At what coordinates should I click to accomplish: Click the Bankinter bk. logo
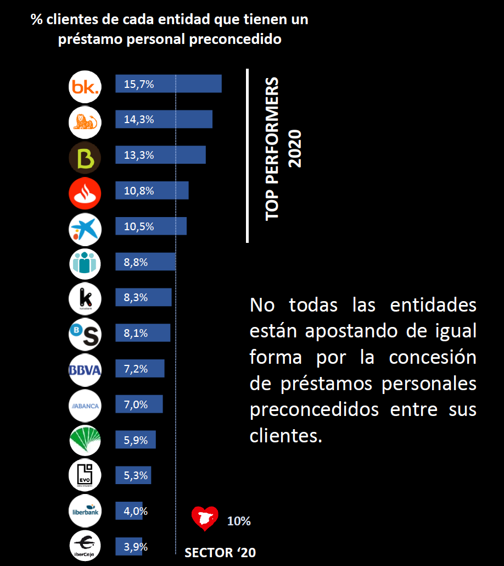coord(85,87)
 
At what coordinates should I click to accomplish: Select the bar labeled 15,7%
coord(168,84)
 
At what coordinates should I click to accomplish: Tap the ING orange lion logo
coord(85,123)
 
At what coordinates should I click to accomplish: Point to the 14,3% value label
coord(139,119)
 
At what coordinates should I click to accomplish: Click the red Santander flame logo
coord(85,193)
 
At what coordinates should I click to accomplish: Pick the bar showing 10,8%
coord(152,191)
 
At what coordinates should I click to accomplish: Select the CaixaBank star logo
coord(85,229)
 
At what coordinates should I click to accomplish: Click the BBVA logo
coord(85,370)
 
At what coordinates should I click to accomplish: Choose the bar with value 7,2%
coord(139,369)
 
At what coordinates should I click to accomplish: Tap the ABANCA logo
coord(85,406)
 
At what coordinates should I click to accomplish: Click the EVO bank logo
coord(85,475)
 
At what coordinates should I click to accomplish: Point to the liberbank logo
coord(85,510)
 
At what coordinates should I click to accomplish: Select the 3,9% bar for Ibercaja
coord(129,547)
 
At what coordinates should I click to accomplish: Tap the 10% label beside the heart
coord(239,521)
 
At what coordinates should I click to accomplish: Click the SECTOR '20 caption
coord(220,553)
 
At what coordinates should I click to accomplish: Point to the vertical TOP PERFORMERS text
coord(272,149)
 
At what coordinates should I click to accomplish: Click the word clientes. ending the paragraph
coord(285,436)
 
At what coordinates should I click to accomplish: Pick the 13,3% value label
coord(139,155)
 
